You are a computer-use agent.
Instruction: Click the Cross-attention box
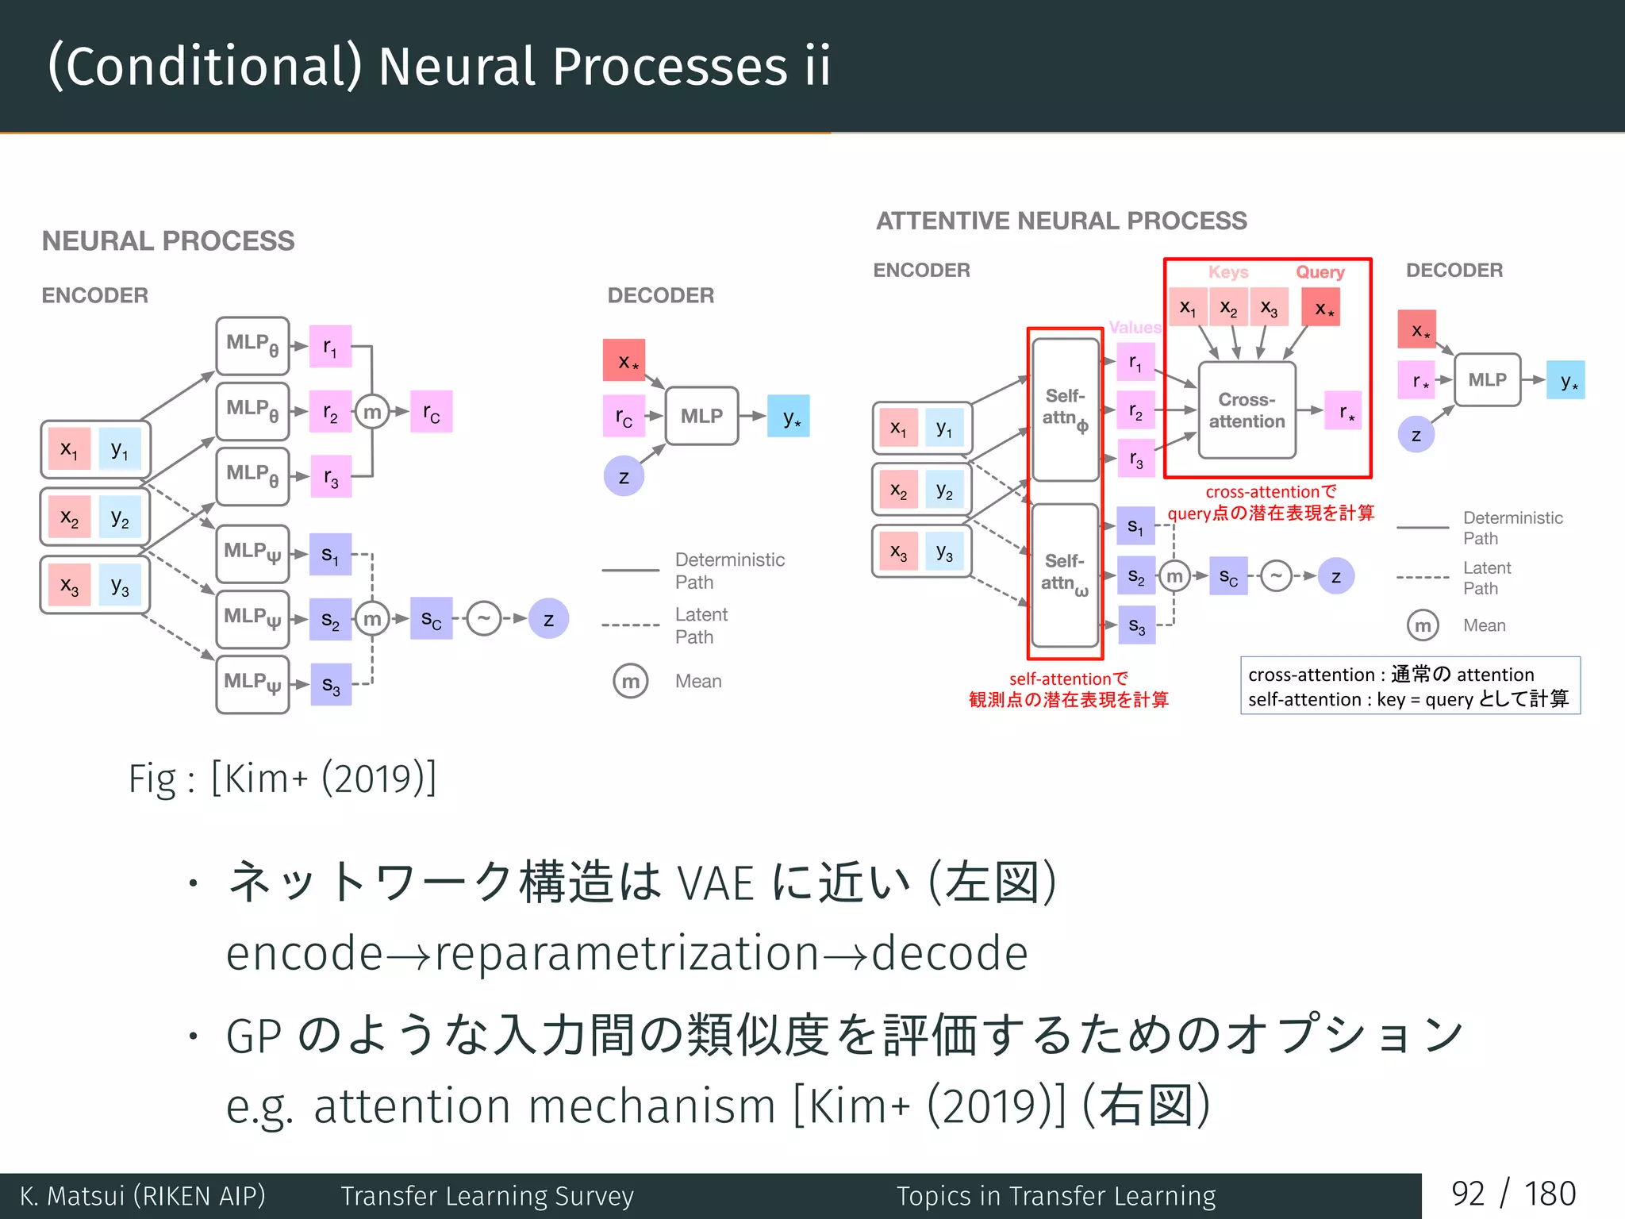(1247, 410)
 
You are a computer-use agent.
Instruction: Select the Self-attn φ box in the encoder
(1065, 409)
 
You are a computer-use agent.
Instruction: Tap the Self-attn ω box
(1065, 575)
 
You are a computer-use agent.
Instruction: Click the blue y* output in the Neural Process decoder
(789, 416)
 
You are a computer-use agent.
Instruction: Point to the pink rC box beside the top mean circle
(431, 412)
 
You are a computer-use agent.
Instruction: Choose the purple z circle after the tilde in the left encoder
(548, 619)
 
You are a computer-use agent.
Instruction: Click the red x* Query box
(1320, 308)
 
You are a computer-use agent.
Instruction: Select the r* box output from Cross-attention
(1343, 410)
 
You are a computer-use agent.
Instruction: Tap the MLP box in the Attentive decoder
(1487, 380)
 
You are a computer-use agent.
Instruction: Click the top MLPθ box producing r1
(252, 346)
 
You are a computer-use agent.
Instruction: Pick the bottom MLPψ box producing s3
(252, 684)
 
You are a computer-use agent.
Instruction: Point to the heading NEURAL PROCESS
(168, 240)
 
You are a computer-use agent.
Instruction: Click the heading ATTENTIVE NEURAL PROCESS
(1061, 221)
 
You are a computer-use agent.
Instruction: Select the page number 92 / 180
(1513, 1194)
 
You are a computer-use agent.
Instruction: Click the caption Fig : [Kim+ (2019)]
(282, 779)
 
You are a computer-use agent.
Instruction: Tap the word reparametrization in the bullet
(627, 953)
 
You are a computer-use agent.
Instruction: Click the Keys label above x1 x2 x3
(1227, 272)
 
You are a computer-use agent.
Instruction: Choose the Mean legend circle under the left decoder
(631, 681)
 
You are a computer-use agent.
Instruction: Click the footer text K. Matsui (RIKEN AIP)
(143, 1195)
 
